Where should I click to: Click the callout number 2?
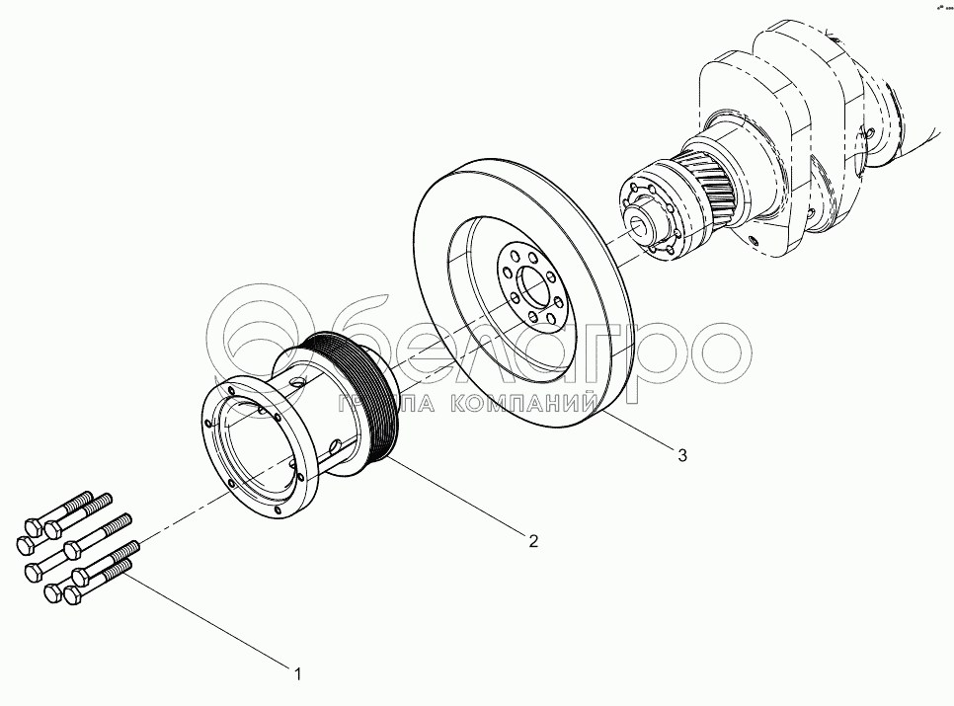(533, 540)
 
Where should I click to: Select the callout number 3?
(680, 455)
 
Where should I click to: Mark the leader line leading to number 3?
(642, 434)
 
